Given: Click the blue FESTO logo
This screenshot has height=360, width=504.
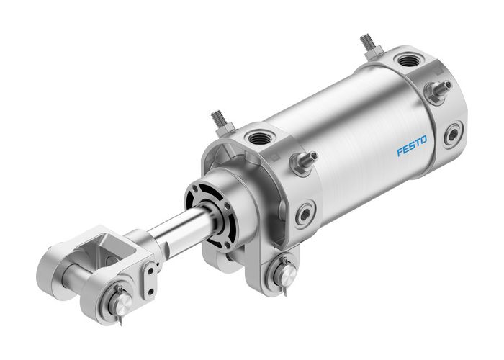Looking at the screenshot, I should click(x=412, y=144).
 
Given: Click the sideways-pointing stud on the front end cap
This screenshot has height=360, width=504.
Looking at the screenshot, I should click(x=304, y=161).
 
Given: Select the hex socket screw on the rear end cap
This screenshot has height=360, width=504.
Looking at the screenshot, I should click(x=453, y=135).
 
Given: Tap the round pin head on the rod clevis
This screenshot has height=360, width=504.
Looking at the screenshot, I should click(x=122, y=297).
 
